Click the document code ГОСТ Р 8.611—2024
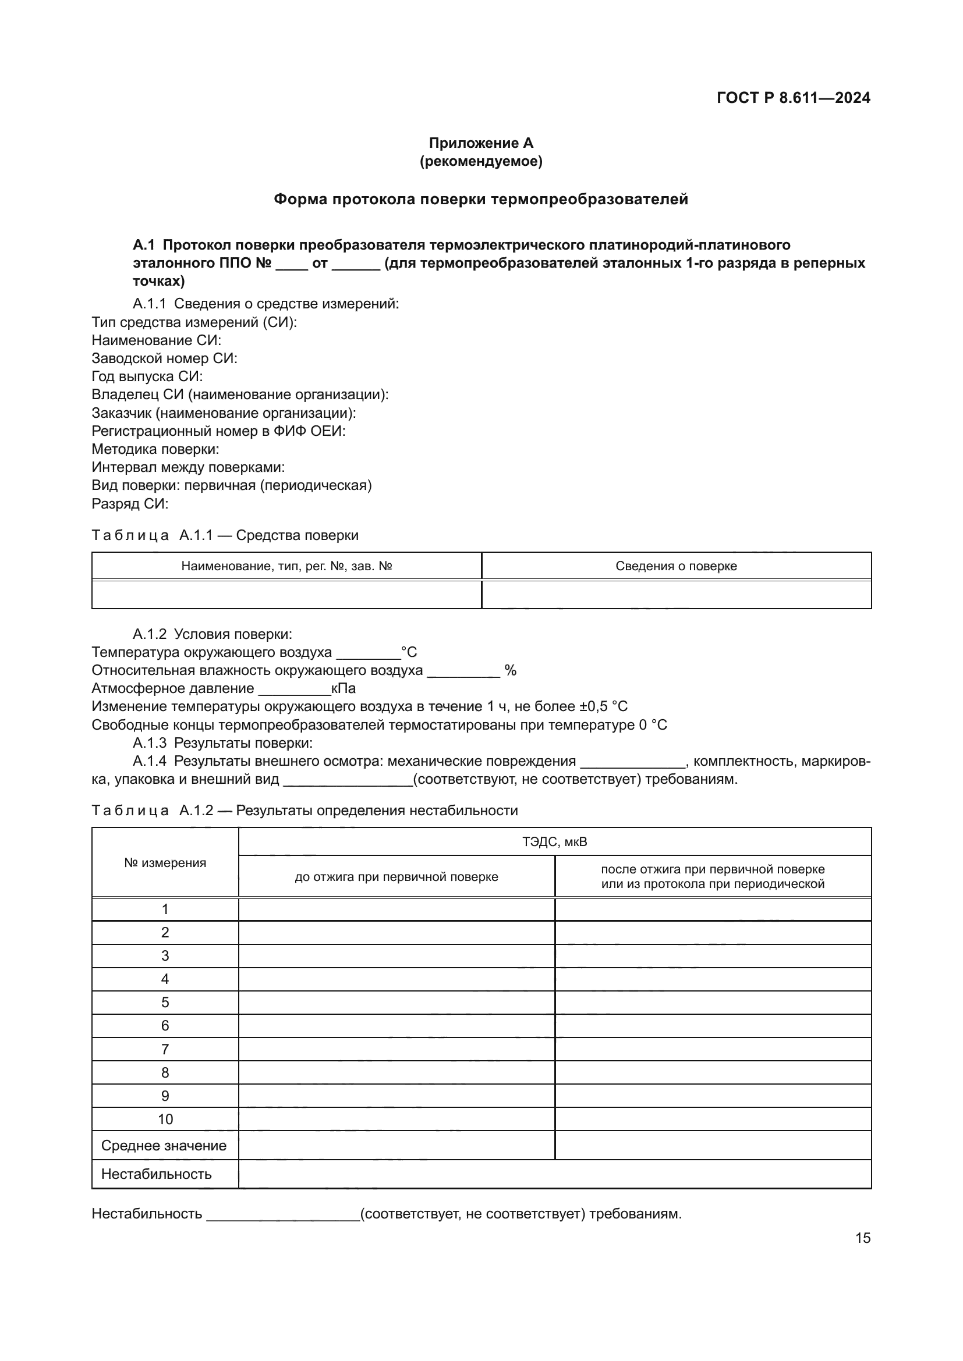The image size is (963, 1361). (x=793, y=98)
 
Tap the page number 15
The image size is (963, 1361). (x=863, y=1238)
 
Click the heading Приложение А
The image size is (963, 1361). (x=481, y=143)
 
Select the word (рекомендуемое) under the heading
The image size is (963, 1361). (x=481, y=161)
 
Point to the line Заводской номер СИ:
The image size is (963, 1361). (x=164, y=358)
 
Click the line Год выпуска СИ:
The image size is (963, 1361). (x=147, y=376)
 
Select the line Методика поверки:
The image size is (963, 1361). (x=155, y=449)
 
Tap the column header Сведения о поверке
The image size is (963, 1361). (x=676, y=566)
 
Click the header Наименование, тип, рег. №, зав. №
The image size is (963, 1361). (x=286, y=566)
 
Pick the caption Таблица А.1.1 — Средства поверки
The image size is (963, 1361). (x=225, y=535)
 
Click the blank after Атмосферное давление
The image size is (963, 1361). (x=294, y=689)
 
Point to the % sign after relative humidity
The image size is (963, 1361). (x=510, y=670)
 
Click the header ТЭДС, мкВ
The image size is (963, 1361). (x=554, y=842)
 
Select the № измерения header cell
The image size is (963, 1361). (x=165, y=863)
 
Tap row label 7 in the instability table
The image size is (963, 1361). (x=165, y=1049)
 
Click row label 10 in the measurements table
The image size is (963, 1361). (x=165, y=1119)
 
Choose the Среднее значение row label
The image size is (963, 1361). (x=164, y=1145)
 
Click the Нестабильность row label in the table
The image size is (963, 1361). (x=157, y=1174)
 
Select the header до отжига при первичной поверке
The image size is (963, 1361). (x=396, y=877)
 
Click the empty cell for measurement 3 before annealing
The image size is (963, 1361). (x=396, y=956)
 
